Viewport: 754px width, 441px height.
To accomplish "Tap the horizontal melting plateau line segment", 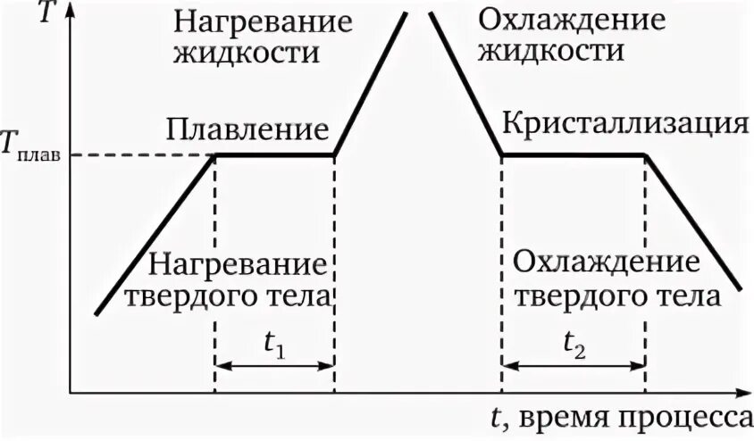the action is pos(274,154).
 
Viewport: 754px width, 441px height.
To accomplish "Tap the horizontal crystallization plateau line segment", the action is pos(573,154).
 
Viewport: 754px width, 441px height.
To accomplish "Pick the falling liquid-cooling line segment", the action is pos(466,85).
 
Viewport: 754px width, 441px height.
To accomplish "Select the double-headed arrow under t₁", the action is pos(274,365).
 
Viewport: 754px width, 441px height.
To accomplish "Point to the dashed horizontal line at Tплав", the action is pos(143,155).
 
